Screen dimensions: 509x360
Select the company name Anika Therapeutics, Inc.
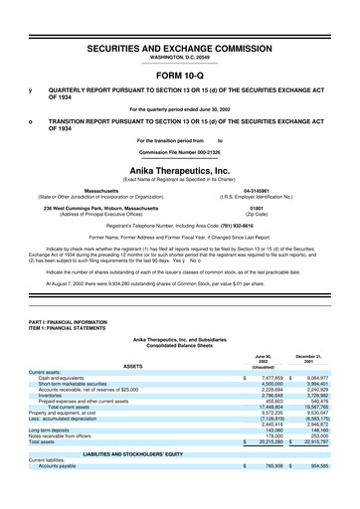[180, 170]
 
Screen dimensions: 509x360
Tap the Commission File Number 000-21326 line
[180, 154]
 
